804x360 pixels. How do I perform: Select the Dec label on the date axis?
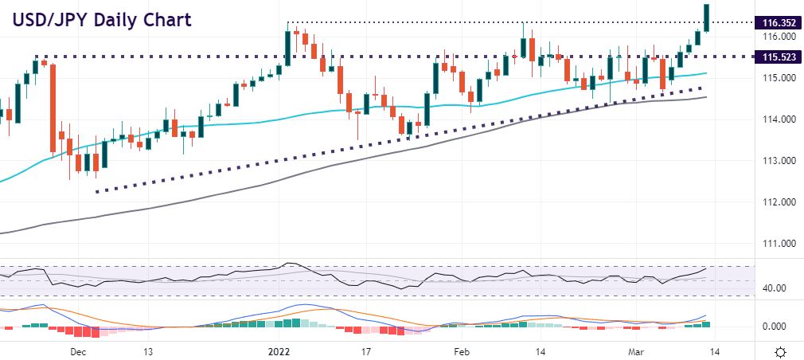[78, 350]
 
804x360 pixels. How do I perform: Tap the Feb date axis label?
[461, 350]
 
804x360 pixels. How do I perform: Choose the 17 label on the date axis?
[366, 350]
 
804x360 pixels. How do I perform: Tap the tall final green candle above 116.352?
[706, 18]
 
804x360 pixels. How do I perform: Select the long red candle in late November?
[53, 107]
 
